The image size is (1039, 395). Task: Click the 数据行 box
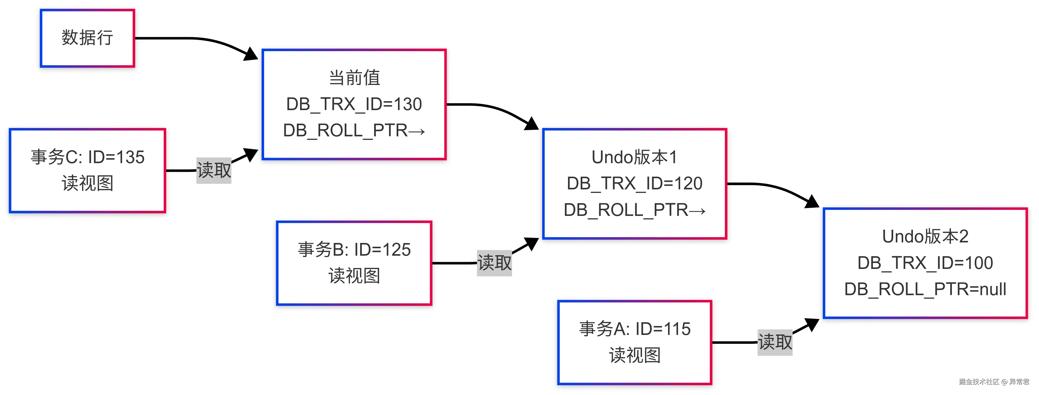tap(87, 38)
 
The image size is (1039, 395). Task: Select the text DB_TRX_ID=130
tap(354, 104)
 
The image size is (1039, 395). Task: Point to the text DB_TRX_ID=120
tap(634, 184)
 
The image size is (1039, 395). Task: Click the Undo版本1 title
tap(634, 157)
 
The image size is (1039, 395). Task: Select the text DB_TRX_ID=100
tap(925, 263)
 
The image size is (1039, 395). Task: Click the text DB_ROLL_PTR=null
tap(925, 289)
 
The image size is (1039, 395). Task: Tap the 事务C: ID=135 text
tap(87, 157)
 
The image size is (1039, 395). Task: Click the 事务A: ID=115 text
tap(634, 329)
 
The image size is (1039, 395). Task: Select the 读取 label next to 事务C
tap(214, 170)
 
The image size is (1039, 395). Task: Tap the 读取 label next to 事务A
tap(775, 342)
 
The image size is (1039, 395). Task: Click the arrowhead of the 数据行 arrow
tap(252, 54)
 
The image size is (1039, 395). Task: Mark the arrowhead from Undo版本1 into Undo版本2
tap(813, 202)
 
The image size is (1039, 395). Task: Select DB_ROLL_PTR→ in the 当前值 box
tap(354, 131)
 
